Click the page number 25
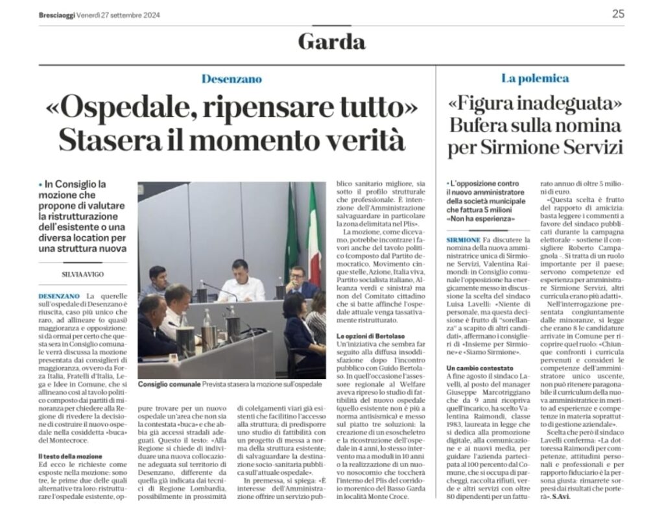pos(618,14)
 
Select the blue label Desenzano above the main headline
pos(231,79)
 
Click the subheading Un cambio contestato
pos(479,369)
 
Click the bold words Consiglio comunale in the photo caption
pos(160,385)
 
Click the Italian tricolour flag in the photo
pos(314,234)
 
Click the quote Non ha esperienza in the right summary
pos(480,219)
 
